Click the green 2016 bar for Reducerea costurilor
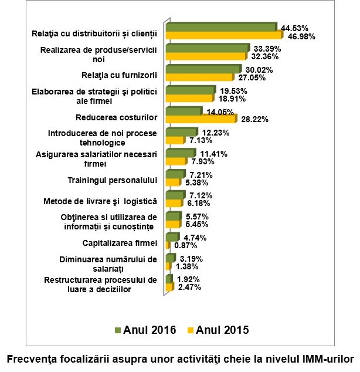tap(184, 111)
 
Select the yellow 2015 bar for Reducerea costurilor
tap(201, 119)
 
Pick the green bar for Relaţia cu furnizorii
tap(203, 69)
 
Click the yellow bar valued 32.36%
tap(206, 56)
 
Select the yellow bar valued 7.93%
tap(175, 161)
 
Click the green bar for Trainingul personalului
tap(175, 174)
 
